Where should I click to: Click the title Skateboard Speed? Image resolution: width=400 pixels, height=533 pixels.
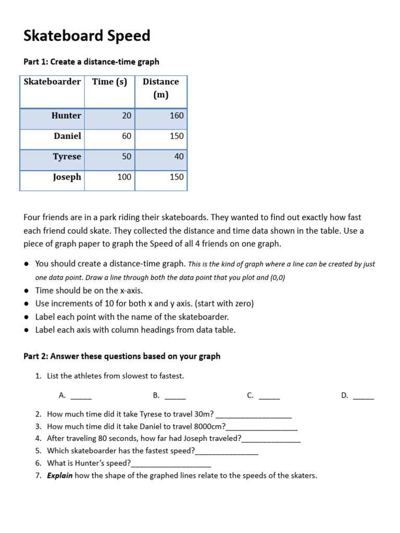coord(87,36)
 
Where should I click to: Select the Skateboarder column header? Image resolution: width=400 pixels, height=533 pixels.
coord(52,82)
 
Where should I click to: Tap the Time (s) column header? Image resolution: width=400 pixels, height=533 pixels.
coord(109,82)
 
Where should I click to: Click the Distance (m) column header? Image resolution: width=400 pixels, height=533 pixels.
coord(160,88)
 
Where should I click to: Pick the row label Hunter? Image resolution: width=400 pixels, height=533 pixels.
coord(66,116)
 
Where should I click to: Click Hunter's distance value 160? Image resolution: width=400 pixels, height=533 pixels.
coord(177,116)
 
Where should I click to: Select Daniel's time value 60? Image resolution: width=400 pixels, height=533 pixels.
coord(127,136)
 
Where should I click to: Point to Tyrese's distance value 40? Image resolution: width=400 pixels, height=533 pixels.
coord(179,156)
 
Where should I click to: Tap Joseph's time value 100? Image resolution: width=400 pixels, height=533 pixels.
coord(124,177)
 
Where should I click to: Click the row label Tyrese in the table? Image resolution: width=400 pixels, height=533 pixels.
coord(67,156)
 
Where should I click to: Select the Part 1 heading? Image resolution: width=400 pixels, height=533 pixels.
coord(91,62)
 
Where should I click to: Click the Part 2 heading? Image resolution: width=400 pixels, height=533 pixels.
coord(122,357)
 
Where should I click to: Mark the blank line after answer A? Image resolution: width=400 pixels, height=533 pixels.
coord(81,397)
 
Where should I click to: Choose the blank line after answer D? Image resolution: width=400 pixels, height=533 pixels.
coord(363,397)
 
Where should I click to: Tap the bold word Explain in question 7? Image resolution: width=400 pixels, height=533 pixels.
coord(59,475)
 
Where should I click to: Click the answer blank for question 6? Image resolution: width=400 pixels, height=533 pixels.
coord(171,464)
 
